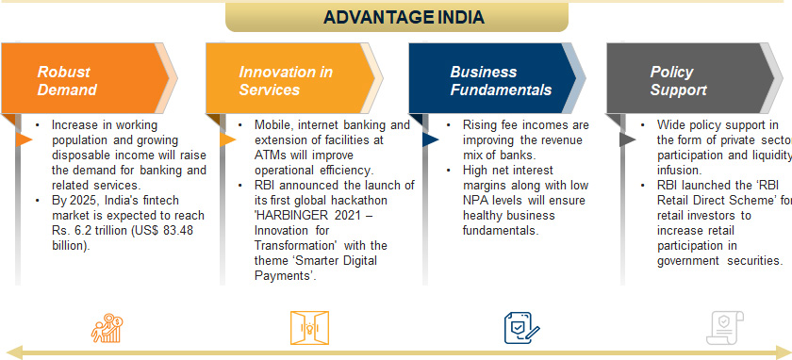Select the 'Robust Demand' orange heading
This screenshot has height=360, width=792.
tap(67, 81)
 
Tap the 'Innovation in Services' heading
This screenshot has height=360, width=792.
tap(272, 81)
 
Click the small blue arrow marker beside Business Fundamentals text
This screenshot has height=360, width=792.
tap(430, 139)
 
